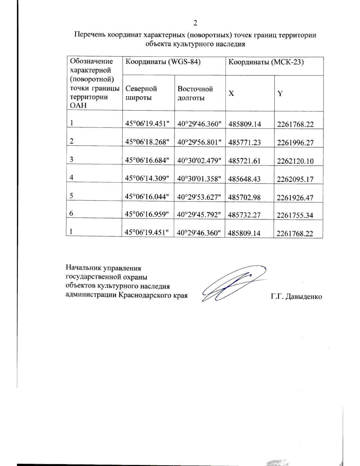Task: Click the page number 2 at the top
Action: coord(195,23)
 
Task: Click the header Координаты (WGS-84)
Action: coord(163,62)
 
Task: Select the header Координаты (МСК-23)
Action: coord(266,62)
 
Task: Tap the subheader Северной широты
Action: coord(141,93)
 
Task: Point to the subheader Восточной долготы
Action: coord(195,93)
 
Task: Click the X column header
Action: coord(231,94)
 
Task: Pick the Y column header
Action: coord(280,94)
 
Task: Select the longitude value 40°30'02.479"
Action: coord(199,161)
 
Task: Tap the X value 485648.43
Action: coord(244,179)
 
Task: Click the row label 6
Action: coord(71,214)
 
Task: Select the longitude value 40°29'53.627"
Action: coord(199,197)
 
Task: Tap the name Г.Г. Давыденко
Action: coord(296,297)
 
